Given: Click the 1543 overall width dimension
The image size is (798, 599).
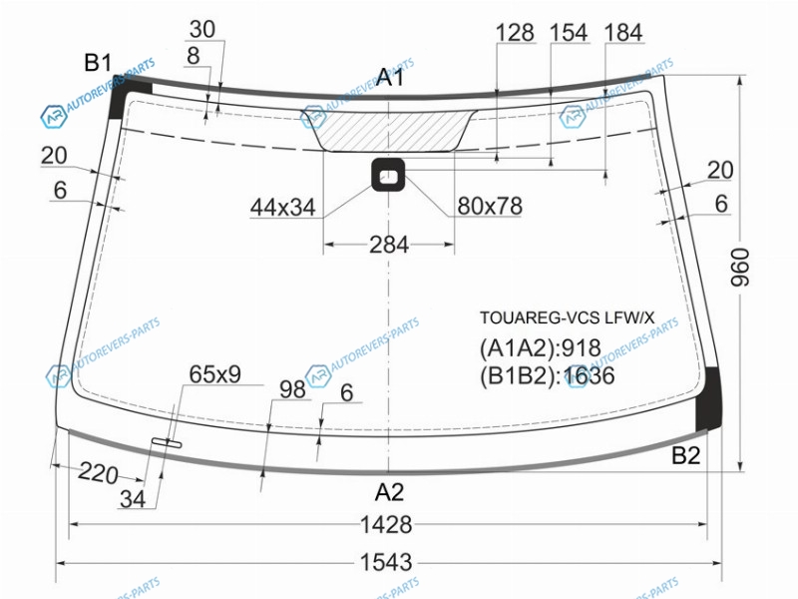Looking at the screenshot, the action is tap(386, 563).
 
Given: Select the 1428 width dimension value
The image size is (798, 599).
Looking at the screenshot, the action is tap(386, 524).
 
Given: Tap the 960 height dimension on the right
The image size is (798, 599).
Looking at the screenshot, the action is tap(740, 267).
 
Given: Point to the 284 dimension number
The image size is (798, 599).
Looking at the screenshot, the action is tap(389, 245).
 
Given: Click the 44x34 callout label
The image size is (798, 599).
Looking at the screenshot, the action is tap(283, 208).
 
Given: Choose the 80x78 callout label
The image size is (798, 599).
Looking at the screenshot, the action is tap(490, 207).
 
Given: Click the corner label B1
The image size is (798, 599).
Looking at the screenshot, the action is tap(98, 63).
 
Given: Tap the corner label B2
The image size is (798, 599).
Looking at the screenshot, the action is tap(686, 455).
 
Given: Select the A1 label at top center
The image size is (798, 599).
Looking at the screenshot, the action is tap(390, 78).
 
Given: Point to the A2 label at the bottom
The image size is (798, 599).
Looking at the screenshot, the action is tap(389, 492).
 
